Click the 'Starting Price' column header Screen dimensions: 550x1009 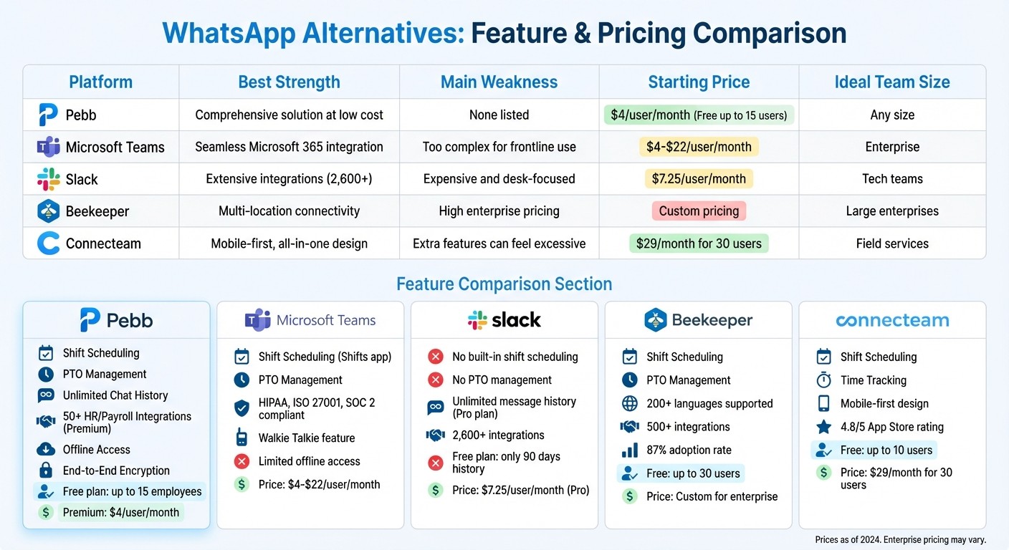[x=699, y=82]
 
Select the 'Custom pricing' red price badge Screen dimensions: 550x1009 [x=699, y=211]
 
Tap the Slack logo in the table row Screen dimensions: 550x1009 [x=49, y=179]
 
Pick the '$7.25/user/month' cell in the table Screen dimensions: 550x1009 [x=699, y=179]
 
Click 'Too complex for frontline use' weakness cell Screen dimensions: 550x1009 [x=499, y=147]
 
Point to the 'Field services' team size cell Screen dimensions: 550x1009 [x=892, y=243]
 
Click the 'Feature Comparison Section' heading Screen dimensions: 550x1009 [x=504, y=284]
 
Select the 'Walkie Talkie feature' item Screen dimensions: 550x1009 [x=306, y=438]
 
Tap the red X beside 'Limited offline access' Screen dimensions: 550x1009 [x=242, y=461]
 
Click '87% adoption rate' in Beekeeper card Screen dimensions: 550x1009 [x=689, y=450]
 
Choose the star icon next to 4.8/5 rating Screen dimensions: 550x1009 [x=824, y=427]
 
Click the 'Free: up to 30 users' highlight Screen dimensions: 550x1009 [x=692, y=473]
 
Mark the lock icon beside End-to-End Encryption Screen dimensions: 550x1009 [x=46, y=471]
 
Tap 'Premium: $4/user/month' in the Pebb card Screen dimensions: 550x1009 [x=121, y=512]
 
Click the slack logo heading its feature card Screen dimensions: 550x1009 [x=504, y=320]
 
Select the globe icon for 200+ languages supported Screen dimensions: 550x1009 [x=630, y=403]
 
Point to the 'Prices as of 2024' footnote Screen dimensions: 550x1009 [x=900, y=540]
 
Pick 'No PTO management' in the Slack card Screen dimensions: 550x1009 [x=502, y=380]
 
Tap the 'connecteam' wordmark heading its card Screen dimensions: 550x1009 [x=892, y=320]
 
